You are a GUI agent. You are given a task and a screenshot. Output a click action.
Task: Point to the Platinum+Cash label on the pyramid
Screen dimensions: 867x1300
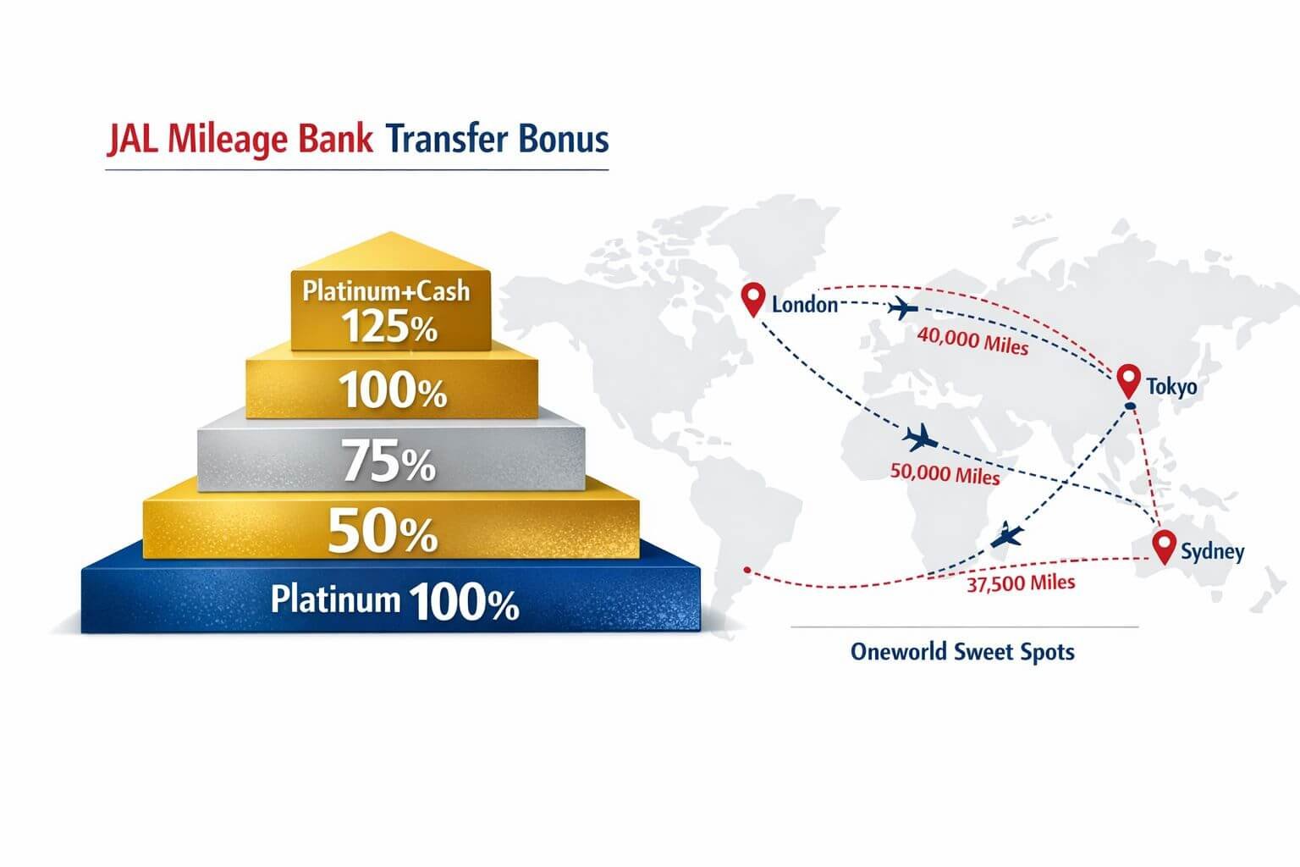386,291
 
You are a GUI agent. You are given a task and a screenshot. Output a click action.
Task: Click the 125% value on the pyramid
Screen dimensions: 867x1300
389,326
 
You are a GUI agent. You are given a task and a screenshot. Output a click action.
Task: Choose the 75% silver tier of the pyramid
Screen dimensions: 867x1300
389,463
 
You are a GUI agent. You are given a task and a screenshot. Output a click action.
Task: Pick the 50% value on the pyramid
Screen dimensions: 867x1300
383,533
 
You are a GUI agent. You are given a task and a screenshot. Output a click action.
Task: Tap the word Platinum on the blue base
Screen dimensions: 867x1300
335,599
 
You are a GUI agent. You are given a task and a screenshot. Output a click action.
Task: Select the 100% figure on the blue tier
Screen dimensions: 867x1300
464,603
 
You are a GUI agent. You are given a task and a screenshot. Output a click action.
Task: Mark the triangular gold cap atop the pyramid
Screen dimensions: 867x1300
389,251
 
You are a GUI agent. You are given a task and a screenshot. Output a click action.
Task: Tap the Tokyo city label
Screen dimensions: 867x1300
1171,387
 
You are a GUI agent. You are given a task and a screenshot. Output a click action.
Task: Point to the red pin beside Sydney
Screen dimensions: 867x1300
1165,546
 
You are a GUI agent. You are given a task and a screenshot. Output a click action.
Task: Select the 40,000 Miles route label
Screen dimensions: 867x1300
972,340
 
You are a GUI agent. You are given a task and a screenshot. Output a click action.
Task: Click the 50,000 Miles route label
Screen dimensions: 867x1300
945,474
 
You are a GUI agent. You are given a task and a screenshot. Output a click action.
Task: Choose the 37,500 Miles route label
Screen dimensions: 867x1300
1021,583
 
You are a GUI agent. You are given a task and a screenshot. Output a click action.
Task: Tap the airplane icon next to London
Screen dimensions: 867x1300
902,307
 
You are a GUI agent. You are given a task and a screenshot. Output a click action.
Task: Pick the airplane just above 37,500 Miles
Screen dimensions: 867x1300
1007,535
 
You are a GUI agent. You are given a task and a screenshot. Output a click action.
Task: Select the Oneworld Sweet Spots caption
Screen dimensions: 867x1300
962,652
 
